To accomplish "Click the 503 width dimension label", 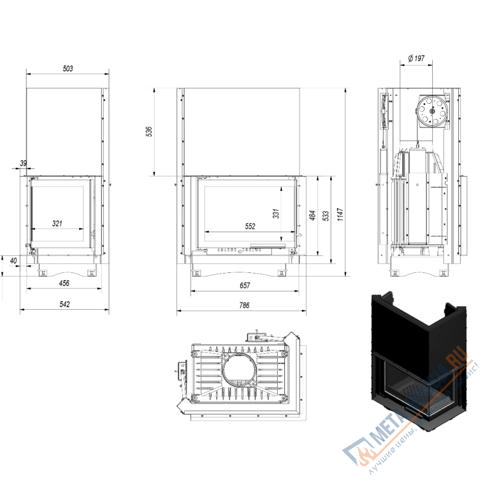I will tap(68, 69).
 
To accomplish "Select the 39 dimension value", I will tap(24, 163).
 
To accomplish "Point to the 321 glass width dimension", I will tap(57, 223).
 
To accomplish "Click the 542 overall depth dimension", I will tap(65, 304).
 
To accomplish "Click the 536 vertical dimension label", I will tap(149, 132).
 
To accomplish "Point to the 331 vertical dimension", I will tap(275, 214).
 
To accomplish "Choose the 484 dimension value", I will tap(312, 216).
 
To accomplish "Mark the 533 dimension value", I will tap(326, 216).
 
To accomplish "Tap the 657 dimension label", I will tap(245, 285).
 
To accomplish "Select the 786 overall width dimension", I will tap(244, 305).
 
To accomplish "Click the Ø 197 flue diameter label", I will tap(417, 59).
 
